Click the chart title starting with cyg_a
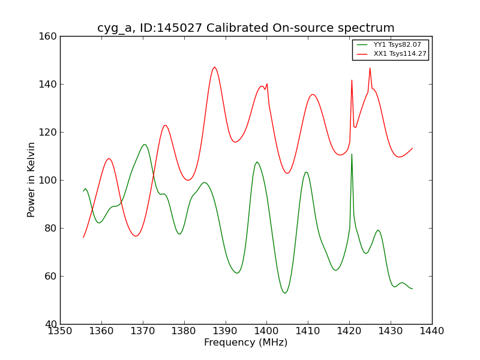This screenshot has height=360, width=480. point(246,28)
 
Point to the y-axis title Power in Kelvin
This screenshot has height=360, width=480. point(32,179)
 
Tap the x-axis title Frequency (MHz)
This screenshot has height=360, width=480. point(246,343)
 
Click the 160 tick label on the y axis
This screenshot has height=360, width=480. point(50,36)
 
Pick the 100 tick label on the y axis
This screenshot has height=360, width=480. point(50,180)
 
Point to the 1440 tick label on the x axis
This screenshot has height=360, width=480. point(432,331)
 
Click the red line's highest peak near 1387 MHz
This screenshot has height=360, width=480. point(214,67)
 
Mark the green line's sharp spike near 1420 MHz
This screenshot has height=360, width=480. point(352,154)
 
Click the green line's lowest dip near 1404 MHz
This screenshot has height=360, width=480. point(285,293)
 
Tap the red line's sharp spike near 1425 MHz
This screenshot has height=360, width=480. point(370,68)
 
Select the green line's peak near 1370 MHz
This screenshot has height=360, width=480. point(144,144)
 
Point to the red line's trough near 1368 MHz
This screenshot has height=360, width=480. point(136,236)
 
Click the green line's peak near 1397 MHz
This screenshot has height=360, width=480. point(257,161)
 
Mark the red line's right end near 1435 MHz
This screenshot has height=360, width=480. point(412,148)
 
